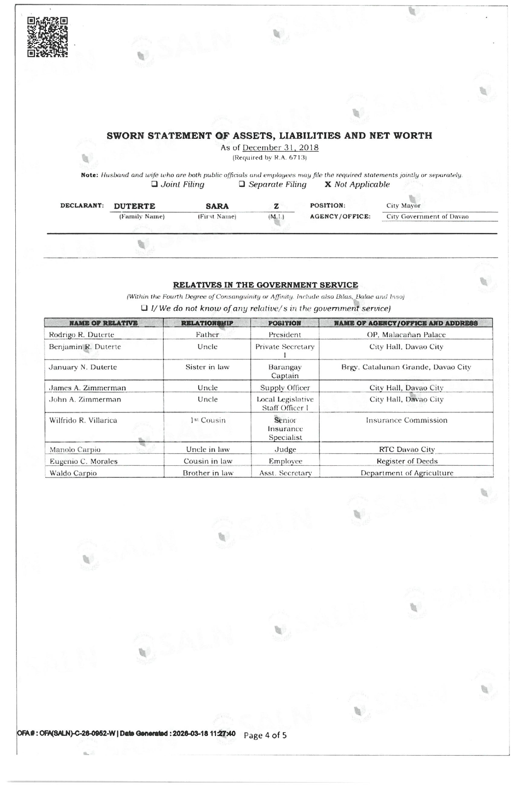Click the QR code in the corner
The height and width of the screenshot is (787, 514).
[x=47, y=37]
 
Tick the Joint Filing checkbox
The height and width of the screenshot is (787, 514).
[x=154, y=184]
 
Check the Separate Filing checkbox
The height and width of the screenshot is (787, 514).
[x=242, y=184]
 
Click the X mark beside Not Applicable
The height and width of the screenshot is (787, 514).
[x=328, y=184]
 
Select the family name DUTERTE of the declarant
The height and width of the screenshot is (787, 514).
[x=134, y=206]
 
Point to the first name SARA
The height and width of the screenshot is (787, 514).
[x=217, y=206]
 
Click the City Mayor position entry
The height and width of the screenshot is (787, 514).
[x=403, y=205]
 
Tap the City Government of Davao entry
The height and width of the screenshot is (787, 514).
[x=427, y=217]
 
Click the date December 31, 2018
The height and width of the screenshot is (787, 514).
[x=280, y=148]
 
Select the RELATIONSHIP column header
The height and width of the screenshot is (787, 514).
[x=207, y=323]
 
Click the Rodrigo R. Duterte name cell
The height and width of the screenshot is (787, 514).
[x=81, y=335]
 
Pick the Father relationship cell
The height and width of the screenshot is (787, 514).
[x=207, y=335]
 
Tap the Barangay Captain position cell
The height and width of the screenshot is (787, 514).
[x=285, y=371]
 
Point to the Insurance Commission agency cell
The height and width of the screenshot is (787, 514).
[x=406, y=420]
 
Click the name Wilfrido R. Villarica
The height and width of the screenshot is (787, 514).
[x=83, y=420]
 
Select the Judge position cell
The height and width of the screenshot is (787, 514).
[x=285, y=449]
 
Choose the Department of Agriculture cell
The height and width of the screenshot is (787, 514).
[x=407, y=473]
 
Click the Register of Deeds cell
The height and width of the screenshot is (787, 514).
[x=407, y=461]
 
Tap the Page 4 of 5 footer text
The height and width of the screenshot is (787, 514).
[x=265, y=735]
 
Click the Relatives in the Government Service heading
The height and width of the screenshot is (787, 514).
[x=265, y=285]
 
